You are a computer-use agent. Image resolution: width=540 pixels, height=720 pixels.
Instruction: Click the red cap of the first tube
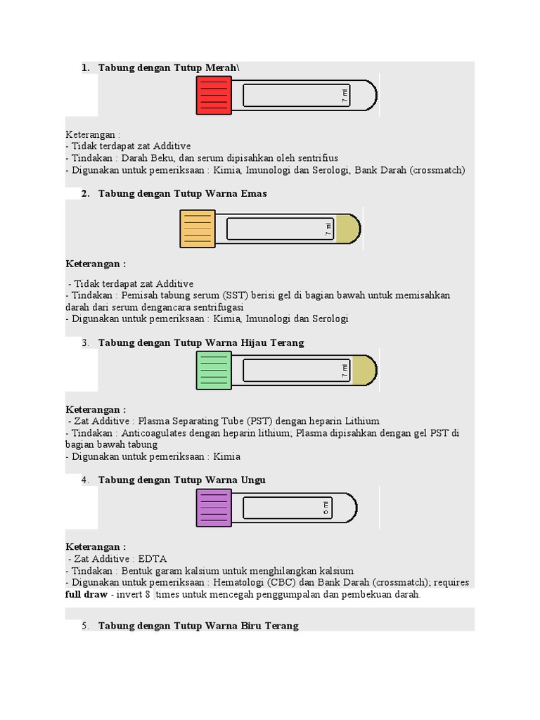[x=213, y=96]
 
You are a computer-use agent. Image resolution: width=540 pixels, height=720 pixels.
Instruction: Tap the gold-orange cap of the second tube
[x=198, y=229]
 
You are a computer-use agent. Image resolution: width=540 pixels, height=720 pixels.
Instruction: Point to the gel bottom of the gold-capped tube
[x=348, y=229]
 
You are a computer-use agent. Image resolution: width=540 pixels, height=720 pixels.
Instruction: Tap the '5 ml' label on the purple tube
[x=326, y=508]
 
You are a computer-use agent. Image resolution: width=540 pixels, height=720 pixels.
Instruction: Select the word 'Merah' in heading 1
[x=223, y=67]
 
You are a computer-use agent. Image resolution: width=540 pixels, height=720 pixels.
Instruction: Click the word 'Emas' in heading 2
[x=253, y=193]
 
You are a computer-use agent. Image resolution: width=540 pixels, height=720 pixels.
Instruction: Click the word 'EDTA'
[x=153, y=559]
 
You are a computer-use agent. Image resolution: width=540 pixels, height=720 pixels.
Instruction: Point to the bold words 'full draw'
[x=86, y=595]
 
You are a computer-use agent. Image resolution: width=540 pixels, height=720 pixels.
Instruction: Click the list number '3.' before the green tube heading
[x=85, y=342]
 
